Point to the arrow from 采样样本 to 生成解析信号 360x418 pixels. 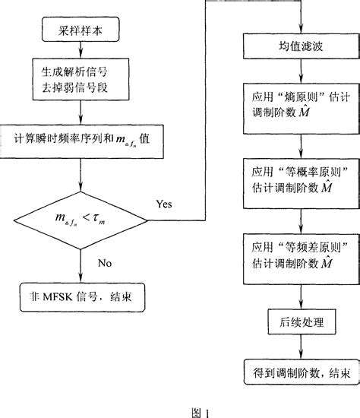tap(80, 52)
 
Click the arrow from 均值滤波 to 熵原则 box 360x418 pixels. tap(302, 77)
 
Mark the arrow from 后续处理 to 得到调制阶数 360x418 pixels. tap(302, 348)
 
